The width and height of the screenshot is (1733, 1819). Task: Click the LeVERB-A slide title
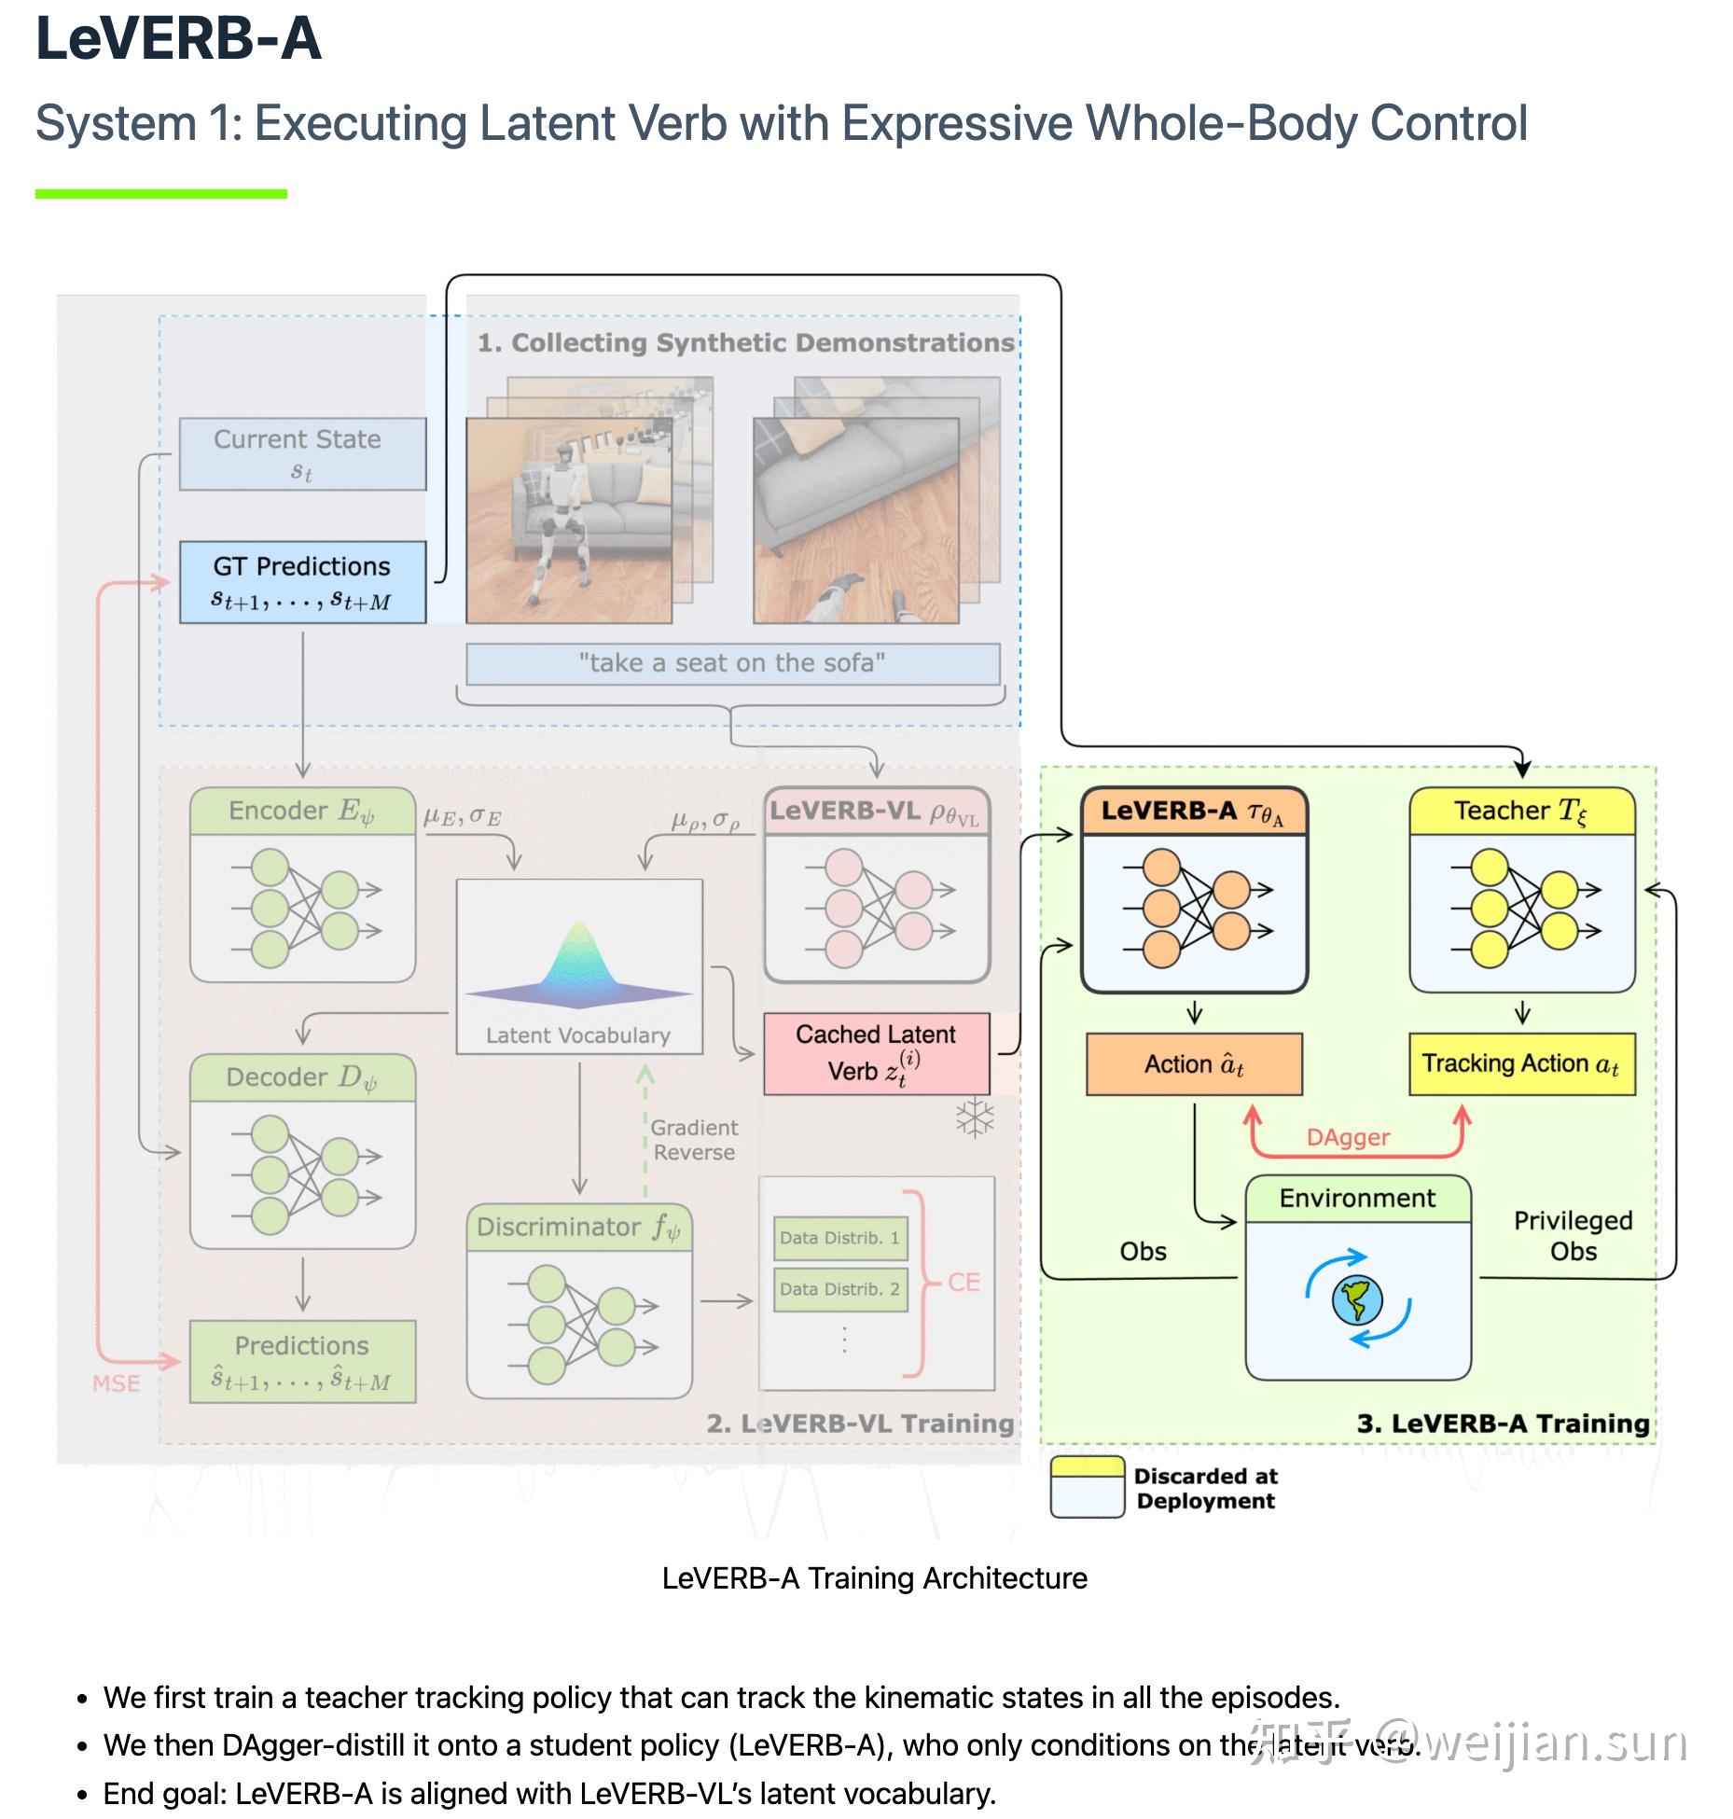click(178, 39)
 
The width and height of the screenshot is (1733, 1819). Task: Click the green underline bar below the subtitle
click(160, 194)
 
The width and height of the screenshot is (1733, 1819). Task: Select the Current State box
click(302, 453)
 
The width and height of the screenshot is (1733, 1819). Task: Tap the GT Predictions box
click(302, 582)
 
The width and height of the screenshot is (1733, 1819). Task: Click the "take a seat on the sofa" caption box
click(732, 663)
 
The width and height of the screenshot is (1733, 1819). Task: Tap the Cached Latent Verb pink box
click(876, 1053)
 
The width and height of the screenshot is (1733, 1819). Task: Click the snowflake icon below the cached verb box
click(975, 1118)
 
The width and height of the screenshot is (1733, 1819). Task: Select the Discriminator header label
click(578, 1227)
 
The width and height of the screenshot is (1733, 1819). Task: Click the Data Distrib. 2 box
click(840, 1289)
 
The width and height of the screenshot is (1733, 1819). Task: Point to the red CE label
click(964, 1282)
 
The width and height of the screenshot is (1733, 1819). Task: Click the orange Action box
click(1194, 1064)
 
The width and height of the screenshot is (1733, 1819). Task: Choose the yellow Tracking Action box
click(1521, 1063)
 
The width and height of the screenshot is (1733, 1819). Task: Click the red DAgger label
click(1348, 1137)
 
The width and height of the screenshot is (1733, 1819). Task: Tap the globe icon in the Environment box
click(1357, 1299)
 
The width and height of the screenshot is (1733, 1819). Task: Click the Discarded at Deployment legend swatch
click(1087, 1487)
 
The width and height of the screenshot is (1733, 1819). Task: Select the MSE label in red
click(117, 1383)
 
